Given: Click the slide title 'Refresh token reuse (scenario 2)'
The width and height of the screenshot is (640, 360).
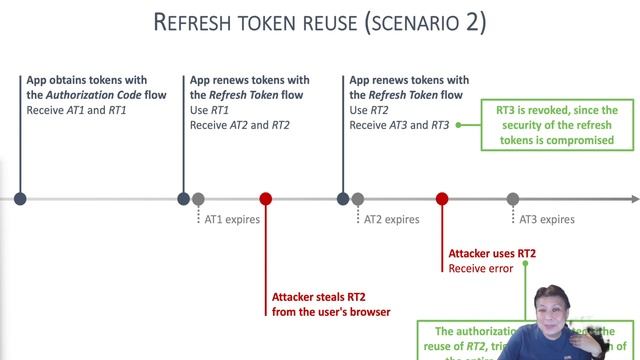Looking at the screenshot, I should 320,23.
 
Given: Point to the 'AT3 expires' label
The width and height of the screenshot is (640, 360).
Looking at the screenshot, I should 547,219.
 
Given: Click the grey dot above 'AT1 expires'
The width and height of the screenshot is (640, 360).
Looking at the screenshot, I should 198,199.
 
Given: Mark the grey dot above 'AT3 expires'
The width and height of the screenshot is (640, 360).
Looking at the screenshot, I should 513,199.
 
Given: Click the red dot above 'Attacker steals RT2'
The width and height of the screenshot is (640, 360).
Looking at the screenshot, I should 265,199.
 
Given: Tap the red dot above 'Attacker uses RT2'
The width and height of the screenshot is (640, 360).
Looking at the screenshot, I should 442,199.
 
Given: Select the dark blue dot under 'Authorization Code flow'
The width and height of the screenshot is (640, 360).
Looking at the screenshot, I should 20,199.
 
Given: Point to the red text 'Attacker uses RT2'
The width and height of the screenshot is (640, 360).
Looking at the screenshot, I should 492,254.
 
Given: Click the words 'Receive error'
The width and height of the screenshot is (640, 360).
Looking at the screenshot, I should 480,268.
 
